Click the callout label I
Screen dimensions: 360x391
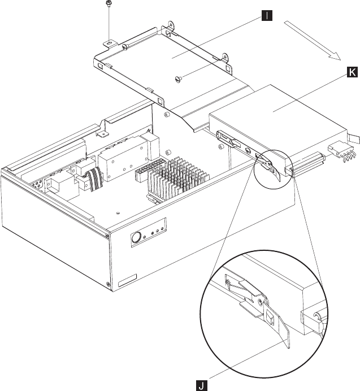[267, 16]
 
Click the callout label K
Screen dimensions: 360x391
[352, 72]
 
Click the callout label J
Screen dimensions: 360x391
[202, 385]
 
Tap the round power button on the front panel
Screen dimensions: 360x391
[136, 238]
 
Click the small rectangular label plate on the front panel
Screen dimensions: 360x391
[127, 280]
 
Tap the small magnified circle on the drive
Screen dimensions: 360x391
[274, 169]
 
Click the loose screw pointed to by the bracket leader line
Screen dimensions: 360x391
[179, 79]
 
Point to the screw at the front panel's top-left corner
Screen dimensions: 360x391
[107, 236]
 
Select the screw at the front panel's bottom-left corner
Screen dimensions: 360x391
[108, 284]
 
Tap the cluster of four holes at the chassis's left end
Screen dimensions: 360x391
[37, 185]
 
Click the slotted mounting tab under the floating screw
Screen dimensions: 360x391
[110, 44]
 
